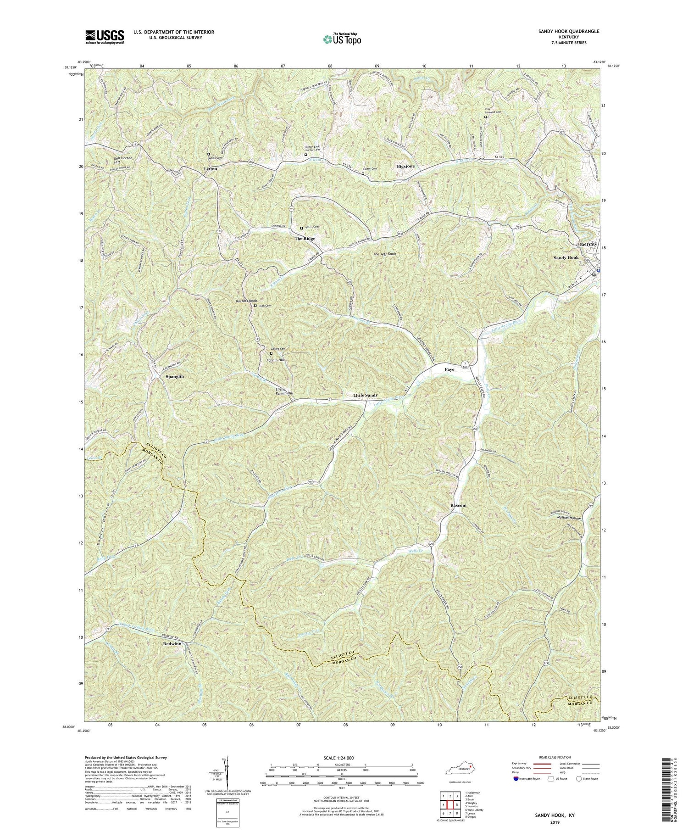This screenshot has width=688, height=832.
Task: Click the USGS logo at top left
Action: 104,36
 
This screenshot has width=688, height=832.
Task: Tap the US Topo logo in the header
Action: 341,39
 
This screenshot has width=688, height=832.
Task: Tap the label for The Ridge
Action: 305,239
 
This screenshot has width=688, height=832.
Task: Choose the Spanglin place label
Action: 174,376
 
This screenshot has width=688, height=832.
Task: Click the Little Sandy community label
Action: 366,395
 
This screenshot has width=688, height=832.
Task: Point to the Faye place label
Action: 449,369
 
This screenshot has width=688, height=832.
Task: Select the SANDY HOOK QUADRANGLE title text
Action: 569,31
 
